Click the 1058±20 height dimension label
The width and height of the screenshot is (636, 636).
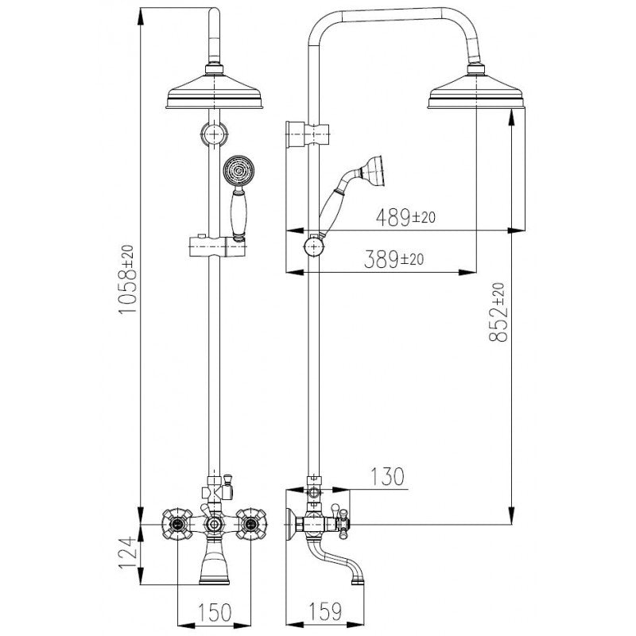coord(126,279)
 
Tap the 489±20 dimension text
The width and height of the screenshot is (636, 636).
coord(405,217)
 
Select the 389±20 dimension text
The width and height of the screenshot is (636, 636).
coord(394,259)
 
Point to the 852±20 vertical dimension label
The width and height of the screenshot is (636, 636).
coord(498,312)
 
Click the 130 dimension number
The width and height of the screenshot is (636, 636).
coord(387,477)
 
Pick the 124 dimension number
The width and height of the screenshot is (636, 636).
coord(126,553)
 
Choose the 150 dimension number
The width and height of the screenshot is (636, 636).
coord(215,612)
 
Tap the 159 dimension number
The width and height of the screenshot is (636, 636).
coord(325,612)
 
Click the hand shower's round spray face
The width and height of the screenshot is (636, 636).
coord(238,170)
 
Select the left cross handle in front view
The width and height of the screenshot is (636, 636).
coord(177,524)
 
